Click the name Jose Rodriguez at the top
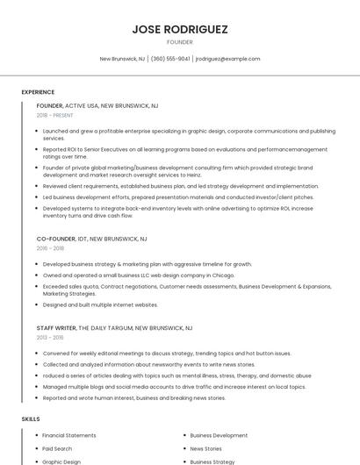[180, 29]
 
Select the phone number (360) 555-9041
[170, 59]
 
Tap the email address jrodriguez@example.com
[227, 59]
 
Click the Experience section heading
[38, 92]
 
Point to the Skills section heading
[31, 419]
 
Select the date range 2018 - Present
[54, 115]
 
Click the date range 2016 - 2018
[50, 248]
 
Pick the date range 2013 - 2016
[50, 337]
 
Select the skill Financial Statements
[69, 435]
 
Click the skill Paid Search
[58, 448]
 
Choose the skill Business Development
[219, 435]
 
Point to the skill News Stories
[206, 448]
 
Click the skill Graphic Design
[61, 461]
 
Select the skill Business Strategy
[212, 461]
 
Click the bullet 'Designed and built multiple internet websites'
[100, 304]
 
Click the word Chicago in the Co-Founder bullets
[222, 275]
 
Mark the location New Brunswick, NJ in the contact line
[122, 59]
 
